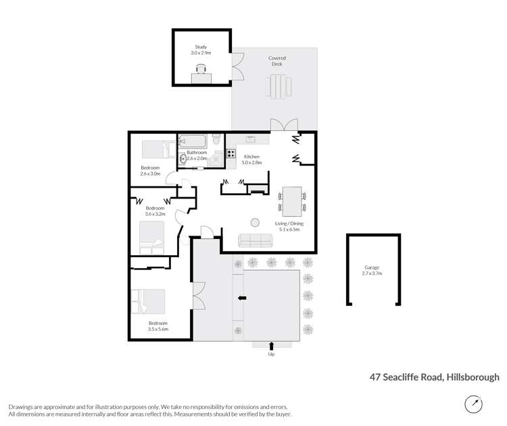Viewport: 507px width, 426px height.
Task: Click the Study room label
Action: pos(201,47)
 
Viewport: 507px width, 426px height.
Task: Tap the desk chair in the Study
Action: pos(201,68)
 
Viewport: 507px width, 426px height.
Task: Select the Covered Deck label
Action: pos(277,61)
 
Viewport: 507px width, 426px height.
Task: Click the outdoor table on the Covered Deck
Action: pos(277,86)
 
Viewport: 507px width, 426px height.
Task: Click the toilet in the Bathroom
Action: pos(216,140)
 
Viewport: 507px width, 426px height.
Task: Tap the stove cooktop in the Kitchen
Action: pos(231,155)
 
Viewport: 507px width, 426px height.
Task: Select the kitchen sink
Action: pos(249,139)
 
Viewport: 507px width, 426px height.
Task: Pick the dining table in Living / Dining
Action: pos(292,201)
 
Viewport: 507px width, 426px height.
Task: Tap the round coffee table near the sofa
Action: pos(256,222)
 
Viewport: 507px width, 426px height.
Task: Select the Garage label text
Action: pos(372,268)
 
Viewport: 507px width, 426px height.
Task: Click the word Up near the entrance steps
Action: pos(272,354)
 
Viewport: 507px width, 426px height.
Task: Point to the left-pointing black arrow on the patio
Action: pos(241,298)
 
